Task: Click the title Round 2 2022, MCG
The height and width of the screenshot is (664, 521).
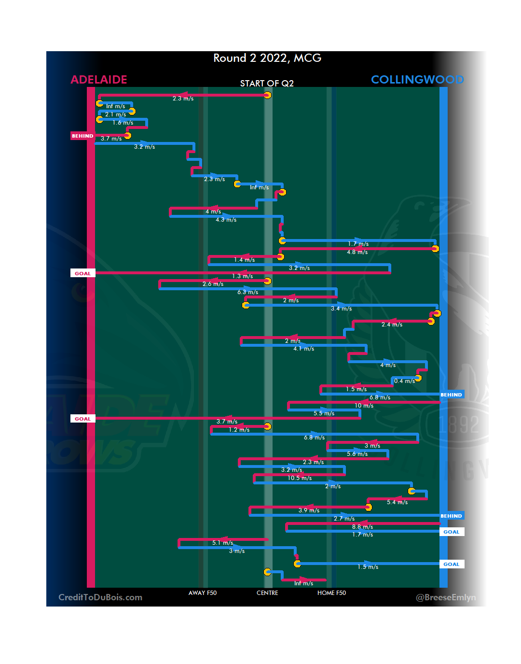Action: pos(267,58)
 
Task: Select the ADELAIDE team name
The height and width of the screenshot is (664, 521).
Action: pos(99,80)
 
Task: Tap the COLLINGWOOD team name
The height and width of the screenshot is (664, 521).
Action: pos(417,80)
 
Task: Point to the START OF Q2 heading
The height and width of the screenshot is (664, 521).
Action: pos(267,84)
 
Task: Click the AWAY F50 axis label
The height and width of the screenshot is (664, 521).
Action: pos(203,593)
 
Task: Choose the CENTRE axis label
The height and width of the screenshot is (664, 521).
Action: pos(267,593)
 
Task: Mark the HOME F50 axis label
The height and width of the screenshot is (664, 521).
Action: pos(331,593)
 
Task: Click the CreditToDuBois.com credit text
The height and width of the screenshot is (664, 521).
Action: pos(100,597)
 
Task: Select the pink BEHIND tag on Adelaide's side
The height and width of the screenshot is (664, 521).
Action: pos(82,136)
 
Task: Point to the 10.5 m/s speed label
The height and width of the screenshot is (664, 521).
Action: pos(300,478)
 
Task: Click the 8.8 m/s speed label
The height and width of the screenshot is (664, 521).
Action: pos(362,527)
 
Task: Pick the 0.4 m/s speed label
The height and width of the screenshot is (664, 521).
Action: pos(404,381)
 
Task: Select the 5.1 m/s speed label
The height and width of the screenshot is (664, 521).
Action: pos(222,543)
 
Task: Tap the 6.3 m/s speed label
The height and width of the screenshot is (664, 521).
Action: pos(247,292)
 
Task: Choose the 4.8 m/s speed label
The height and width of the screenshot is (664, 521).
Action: pos(357,252)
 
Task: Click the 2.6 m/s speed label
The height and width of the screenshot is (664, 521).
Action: pos(213,284)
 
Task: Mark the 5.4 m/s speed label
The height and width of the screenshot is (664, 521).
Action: pos(397,502)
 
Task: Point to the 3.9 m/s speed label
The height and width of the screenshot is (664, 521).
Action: pos(309,510)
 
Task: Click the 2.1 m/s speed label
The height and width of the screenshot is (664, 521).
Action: pos(115,114)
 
